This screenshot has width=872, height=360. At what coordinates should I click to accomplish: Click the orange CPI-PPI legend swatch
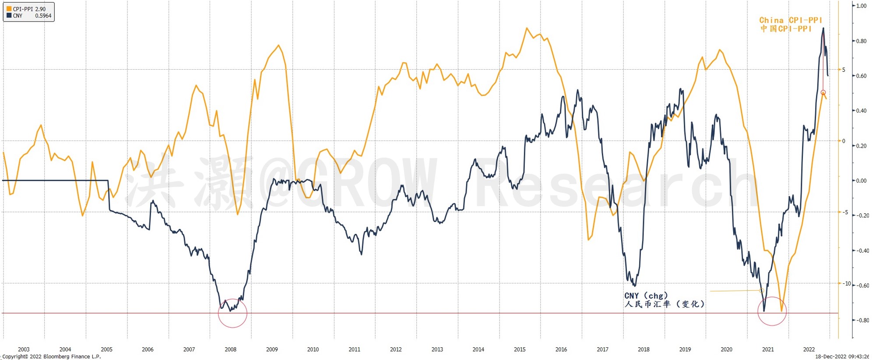(9, 9)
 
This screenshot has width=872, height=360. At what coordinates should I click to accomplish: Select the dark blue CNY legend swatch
(9, 15)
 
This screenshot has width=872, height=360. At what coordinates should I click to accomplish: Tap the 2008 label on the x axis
(230, 349)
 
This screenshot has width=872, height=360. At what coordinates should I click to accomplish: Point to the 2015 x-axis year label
(520, 349)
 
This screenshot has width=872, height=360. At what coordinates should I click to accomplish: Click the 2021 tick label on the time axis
(768, 349)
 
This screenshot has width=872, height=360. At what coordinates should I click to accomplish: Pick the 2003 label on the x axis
(24, 349)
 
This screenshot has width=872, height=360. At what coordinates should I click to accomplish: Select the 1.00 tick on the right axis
(861, 6)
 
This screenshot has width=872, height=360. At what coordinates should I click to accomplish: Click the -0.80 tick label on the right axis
(862, 320)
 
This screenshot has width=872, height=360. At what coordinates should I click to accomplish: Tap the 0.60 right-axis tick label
(861, 76)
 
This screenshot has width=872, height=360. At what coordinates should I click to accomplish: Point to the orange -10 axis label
(847, 283)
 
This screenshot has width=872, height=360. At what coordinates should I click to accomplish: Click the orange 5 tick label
(844, 70)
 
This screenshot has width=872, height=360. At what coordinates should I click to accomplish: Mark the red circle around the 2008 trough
(232, 313)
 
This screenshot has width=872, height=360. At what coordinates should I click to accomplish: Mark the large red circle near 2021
(772, 311)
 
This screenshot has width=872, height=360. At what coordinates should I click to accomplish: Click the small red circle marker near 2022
(823, 92)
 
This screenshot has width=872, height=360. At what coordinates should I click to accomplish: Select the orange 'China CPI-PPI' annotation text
(791, 20)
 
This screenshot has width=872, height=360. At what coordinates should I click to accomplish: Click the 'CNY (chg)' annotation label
(646, 296)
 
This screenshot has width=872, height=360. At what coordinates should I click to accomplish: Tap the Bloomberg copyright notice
(52, 356)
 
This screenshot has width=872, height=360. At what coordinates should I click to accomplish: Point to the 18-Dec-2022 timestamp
(842, 356)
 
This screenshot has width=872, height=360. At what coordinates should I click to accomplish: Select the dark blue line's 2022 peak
(823, 28)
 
